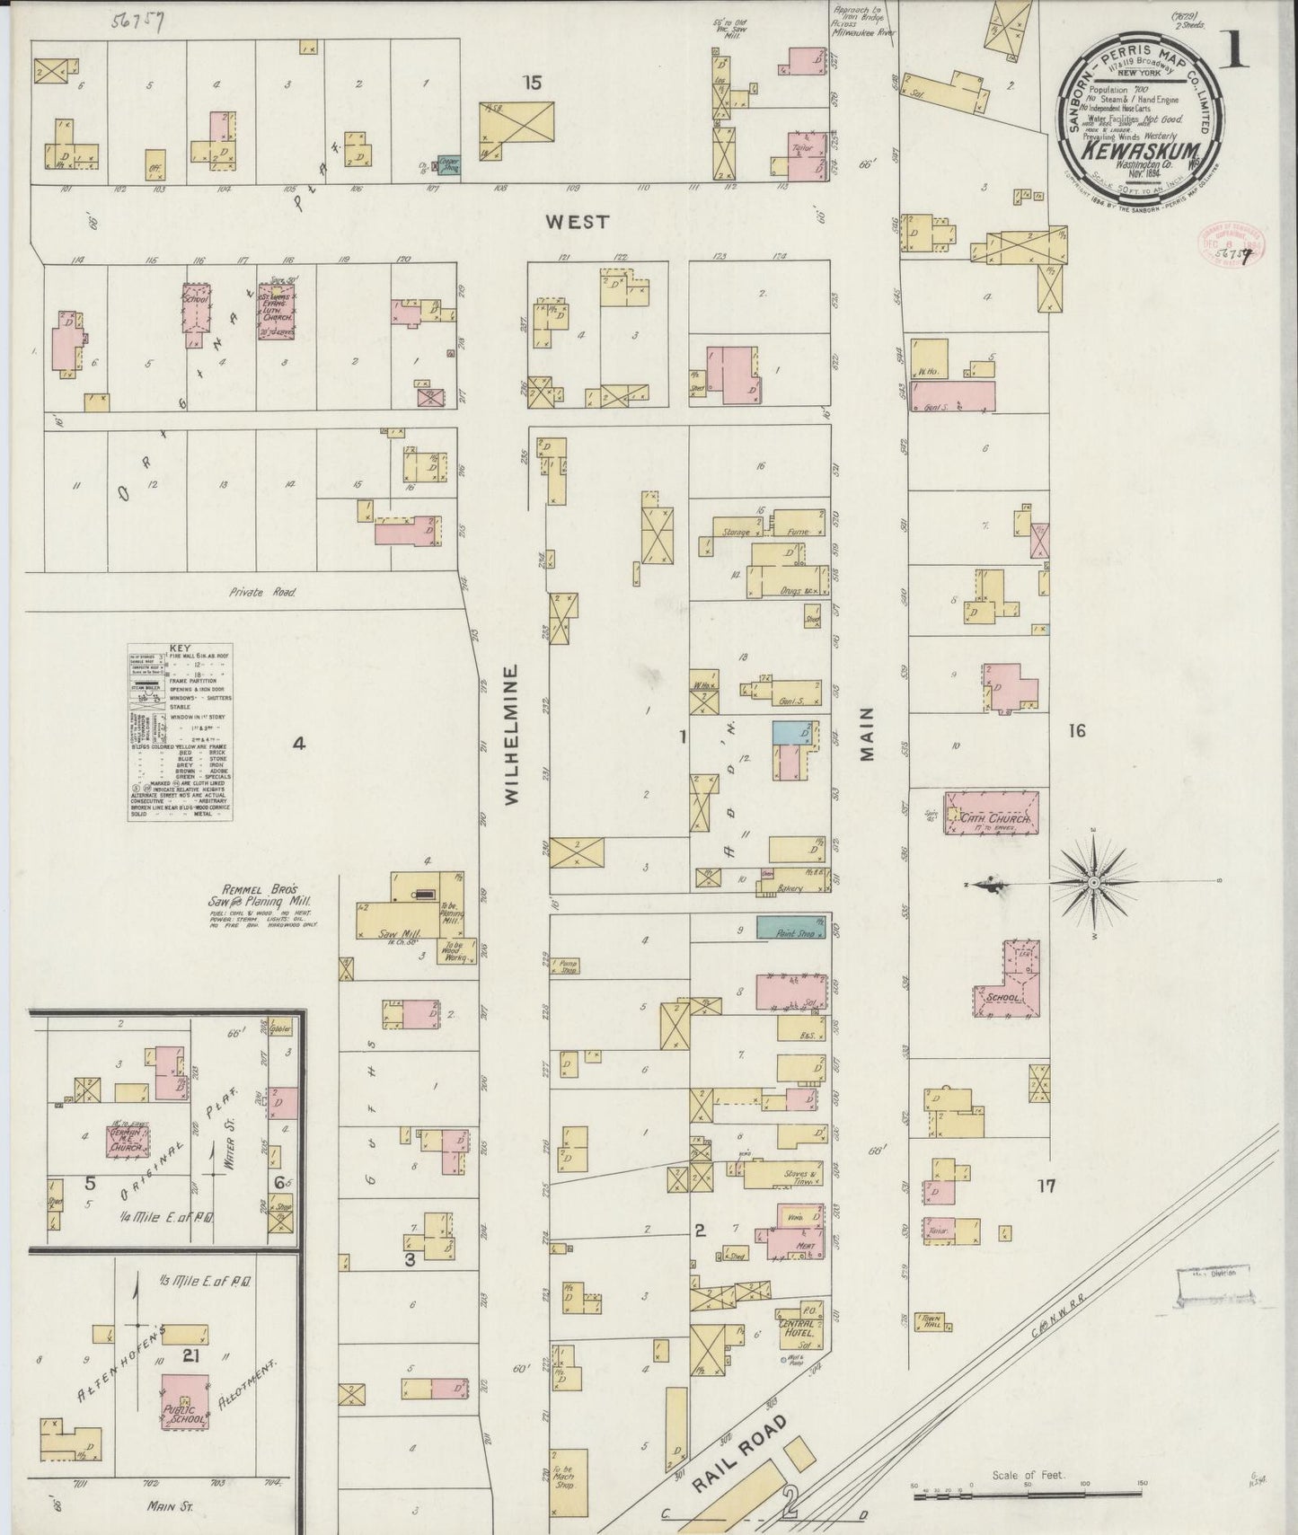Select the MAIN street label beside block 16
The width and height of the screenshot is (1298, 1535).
[867, 735]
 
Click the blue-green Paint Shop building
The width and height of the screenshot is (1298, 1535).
[791, 928]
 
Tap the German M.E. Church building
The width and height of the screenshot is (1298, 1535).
[128, 1140]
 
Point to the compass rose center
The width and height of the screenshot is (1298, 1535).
[1093, 884]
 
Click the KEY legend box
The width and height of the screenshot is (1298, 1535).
[180, 732]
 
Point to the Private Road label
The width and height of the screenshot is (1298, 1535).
[261, 592]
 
